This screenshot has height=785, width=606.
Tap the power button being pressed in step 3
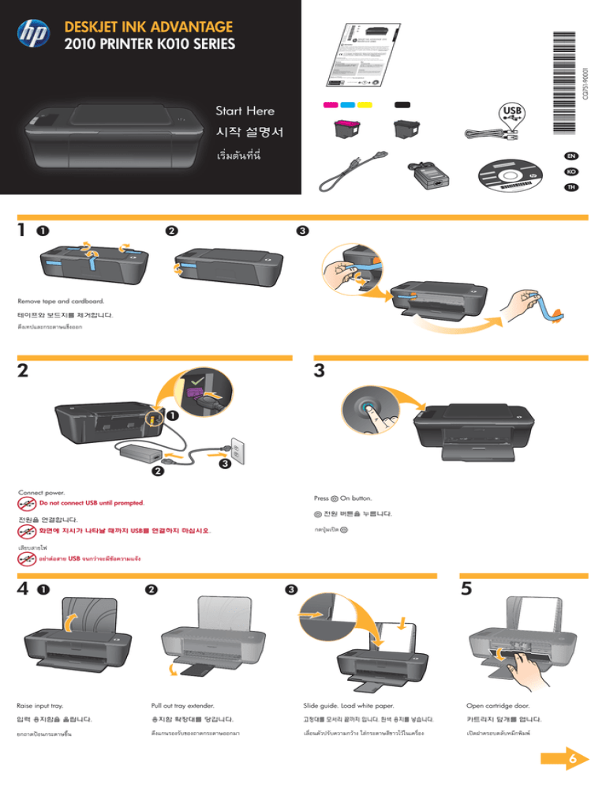370,408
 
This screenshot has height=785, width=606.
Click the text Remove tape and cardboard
60,301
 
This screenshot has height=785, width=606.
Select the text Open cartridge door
498,705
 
